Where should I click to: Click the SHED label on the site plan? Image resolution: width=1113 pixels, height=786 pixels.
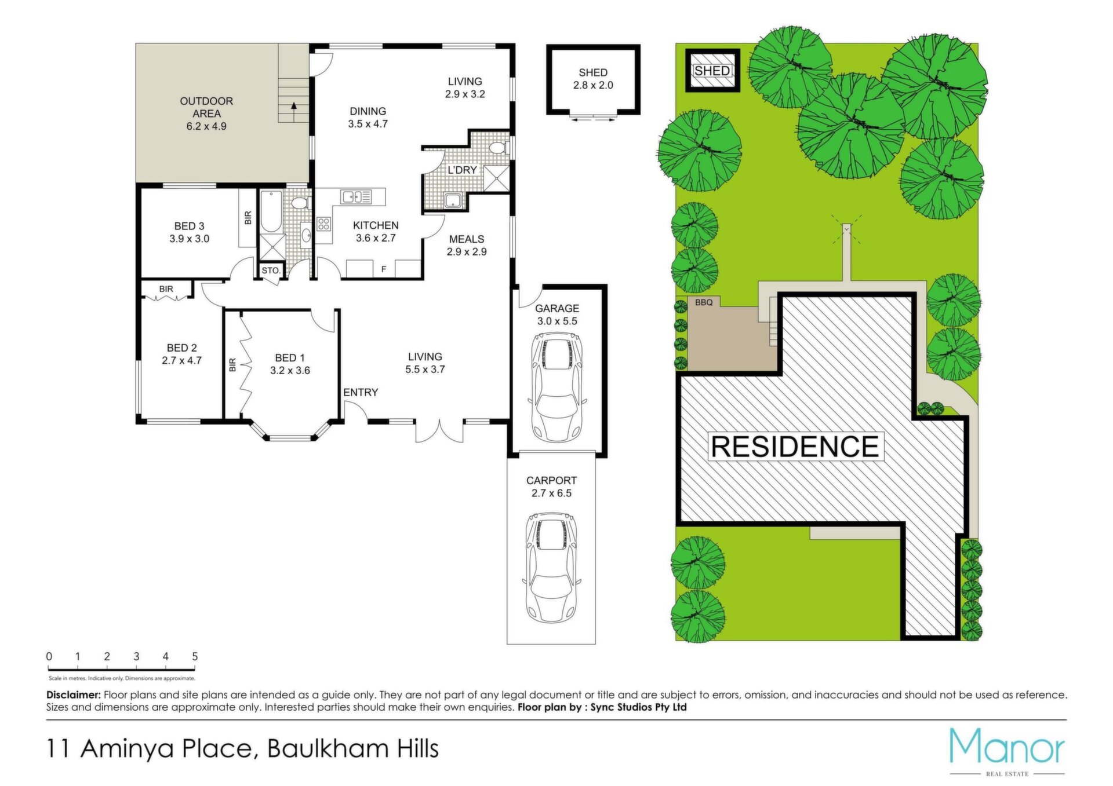712,71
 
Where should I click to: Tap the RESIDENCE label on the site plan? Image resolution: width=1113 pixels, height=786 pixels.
795,447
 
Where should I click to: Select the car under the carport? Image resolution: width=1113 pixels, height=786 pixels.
551,566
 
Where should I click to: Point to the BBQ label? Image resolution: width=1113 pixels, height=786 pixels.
704,302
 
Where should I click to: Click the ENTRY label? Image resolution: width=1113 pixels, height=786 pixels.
361,393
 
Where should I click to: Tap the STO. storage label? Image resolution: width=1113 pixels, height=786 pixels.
271,270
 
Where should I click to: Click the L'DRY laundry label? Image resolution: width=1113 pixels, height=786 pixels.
462,170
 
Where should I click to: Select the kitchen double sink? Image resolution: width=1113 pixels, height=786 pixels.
356,197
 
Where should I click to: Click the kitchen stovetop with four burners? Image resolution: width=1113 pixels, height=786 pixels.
323,224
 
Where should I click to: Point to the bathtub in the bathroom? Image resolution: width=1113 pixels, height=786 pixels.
271,211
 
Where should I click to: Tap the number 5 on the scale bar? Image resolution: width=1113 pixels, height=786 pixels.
195,656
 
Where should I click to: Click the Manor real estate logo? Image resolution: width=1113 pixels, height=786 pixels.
1007,751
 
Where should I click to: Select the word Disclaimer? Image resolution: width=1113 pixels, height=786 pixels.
74,694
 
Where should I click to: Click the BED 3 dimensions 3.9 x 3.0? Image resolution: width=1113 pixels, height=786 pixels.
189,239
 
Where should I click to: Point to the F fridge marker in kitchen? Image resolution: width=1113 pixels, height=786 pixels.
384,269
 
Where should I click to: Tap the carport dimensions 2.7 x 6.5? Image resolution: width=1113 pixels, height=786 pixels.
551,493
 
